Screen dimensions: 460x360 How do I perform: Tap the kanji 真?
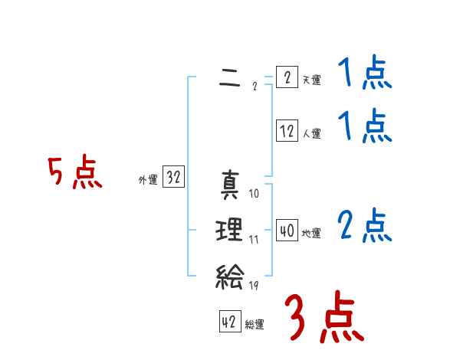point(230,185)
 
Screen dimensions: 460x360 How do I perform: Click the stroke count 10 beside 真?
point(255,193)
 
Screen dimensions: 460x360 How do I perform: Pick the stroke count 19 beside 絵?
point(255,285)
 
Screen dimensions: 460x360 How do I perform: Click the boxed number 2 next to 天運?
point(287,77)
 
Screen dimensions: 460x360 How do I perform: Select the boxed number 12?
point(287,131)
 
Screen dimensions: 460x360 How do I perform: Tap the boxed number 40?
point(287,231)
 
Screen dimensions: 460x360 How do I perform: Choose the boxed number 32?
point(173,178)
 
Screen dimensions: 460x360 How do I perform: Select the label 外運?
point(148,180)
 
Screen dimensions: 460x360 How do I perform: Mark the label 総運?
point(255,325)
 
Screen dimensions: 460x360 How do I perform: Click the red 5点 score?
point(74,173)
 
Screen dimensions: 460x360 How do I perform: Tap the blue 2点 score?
point(364,226)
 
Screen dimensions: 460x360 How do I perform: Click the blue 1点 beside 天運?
point(364,74)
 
